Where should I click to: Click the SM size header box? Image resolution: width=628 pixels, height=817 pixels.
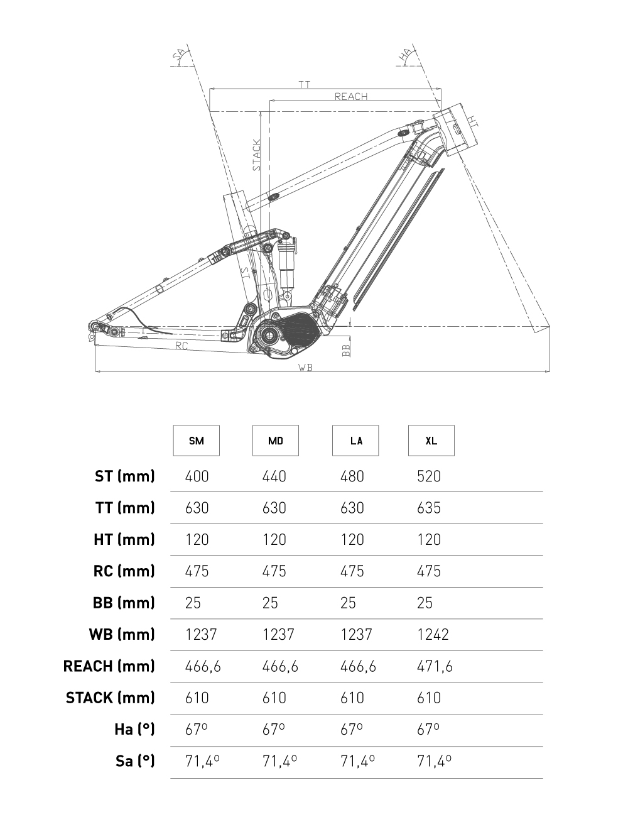[x=197, y=441]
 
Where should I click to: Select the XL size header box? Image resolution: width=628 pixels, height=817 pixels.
[x=431, y=441]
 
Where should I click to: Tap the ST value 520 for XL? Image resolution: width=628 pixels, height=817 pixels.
[x=429, y=476]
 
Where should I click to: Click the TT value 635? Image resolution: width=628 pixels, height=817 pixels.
[x=429, y=508]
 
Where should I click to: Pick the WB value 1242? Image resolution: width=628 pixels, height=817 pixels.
[x=433, y=635]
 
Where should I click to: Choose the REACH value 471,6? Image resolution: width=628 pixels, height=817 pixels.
[x=435, y=666]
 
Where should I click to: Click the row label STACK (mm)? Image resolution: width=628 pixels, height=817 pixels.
[x=110, y=698]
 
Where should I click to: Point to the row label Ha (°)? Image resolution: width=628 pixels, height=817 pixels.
[x=134, y=730]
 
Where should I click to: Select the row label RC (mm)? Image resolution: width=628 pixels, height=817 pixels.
[x=124, y=571]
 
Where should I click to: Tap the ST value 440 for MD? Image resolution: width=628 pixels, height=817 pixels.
[x=274, y=476]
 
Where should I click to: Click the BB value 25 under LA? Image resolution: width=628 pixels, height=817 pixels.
[x=348, y=603]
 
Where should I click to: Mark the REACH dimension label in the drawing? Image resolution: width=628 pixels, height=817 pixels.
[x=351, y=96]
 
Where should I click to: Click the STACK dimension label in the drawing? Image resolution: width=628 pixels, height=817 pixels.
[x=257, y=155]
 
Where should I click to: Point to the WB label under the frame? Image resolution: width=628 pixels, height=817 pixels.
[x=305, y=368]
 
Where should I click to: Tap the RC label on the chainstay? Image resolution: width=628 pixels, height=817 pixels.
[x=181, y=346]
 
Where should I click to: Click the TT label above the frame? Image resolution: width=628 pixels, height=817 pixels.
[x=305, y=84]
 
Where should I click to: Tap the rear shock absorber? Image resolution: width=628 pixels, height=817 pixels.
[x=287, y=261]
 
